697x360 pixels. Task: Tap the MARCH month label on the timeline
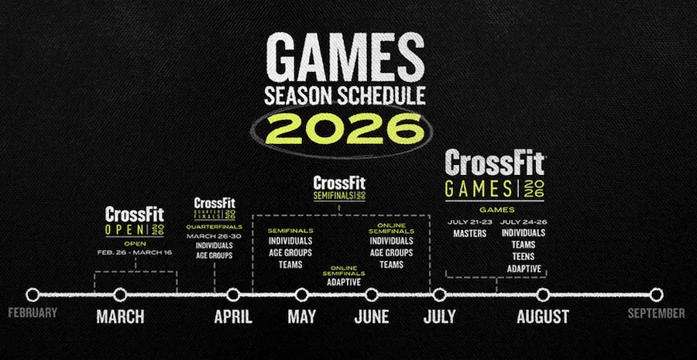pyautogui.click(x=120, y=317)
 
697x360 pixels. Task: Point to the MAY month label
pyautogui.click(x=301, y=317)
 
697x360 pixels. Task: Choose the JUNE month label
pyautogui.click(x=371, y=317)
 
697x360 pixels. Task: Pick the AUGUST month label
pyautogui.click(x=543, y=317)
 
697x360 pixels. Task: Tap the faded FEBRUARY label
pyautogui.click(x=33, y=314)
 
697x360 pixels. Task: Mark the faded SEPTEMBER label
pyautogui.click(x=656, y=314)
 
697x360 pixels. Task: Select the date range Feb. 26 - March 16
pyautogui.click(x=135, y=252)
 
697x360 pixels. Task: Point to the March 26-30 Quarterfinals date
pyautogui.click(x=215, y=236)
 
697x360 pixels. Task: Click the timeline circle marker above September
pyautogui.click(x=656, y=294)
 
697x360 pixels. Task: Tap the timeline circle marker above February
pyautogui.click(x=33, y=294)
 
